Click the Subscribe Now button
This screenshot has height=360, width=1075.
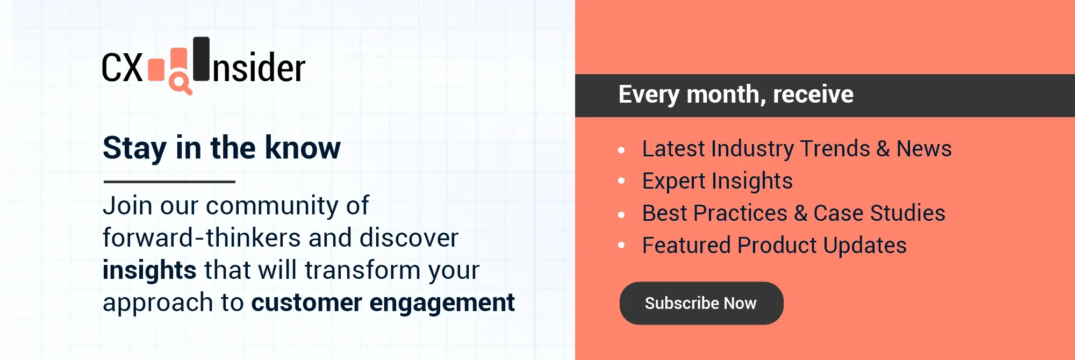[701, 303]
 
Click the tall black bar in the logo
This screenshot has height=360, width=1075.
[202, 59]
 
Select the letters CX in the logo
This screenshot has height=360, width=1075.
[122, 68]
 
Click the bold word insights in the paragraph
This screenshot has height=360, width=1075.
[149, 270]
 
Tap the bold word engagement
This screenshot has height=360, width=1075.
[442, 303]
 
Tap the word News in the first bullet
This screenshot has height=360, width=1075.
[924, 149]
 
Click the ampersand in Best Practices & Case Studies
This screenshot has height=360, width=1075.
[800, 213]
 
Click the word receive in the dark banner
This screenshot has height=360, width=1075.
[813, 95]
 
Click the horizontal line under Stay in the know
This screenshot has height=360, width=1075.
[169, 182]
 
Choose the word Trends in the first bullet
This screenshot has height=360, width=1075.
[835, 149]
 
